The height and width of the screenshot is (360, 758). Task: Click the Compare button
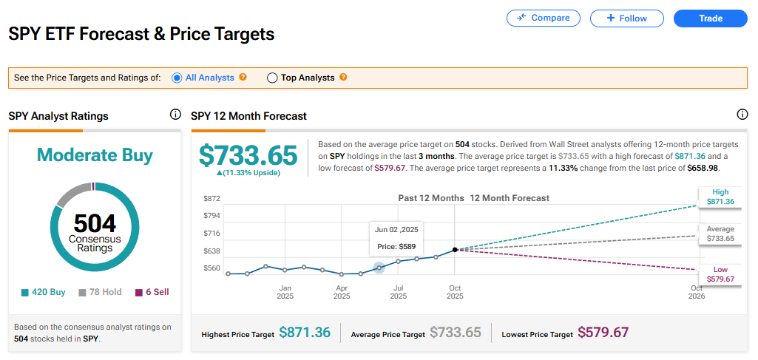point(543,18)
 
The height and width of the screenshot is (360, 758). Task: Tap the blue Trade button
point(711,18)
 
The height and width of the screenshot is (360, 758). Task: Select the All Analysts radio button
point(177,78)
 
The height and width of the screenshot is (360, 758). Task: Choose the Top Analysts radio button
point(272,78)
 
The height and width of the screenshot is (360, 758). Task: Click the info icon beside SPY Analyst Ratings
point(175,115)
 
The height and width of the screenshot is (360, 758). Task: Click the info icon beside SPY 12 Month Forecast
point(742,115)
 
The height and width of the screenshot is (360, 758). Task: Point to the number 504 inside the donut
point(95,223)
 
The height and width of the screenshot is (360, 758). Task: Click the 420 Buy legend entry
point(44,292)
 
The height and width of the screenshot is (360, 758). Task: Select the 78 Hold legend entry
point(100,292)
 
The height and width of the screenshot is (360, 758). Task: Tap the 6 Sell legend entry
point(152,292)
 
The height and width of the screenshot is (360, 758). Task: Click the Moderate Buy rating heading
point(95,155)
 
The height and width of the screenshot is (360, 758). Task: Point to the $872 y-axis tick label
point(212,198)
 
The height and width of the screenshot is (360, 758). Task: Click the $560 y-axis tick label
point(212,268)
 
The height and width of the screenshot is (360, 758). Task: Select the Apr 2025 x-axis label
point(342,292)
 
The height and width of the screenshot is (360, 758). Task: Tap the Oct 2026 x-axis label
point(697,292)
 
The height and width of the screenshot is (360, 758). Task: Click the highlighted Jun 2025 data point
point(379,268)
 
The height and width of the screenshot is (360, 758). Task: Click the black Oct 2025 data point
point(454,250)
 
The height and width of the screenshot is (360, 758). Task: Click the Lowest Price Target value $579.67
point(603,333)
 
